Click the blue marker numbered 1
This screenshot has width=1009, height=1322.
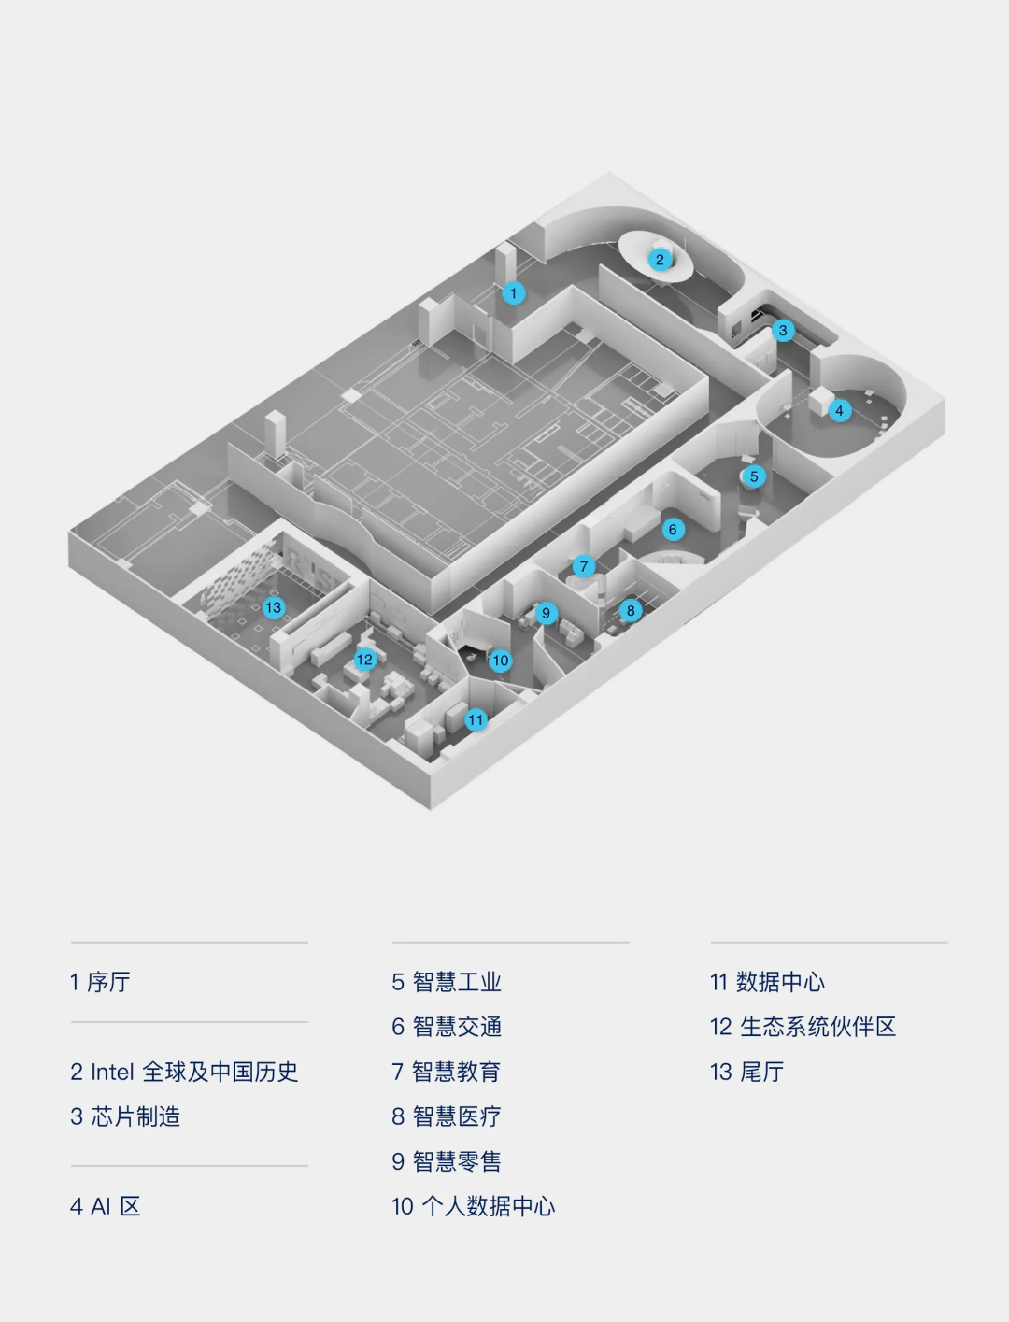(x=513, y=293)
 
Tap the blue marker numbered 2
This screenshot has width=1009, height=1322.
(x=660, y=260)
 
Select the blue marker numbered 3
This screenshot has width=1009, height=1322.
(x=783, y=330)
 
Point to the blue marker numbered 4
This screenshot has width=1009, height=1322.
(x=839, y=410)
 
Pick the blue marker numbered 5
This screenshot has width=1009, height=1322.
(x=754, y=476)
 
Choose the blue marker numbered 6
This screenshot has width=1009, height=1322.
(x=673, y=530)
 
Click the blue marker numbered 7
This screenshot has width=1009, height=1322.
(x=584, y=566)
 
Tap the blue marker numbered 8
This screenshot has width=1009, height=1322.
(x=631, y=611)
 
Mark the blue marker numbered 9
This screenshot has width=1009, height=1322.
(x=546, y=614)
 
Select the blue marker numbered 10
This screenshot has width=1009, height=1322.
(x=501, y=661)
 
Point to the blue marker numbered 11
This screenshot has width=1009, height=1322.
(x=476, y=719)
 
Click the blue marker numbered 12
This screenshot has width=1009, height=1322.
(x=364, y=660)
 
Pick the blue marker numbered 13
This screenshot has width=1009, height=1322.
(x=273, y=607)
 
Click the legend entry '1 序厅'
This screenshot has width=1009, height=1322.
(x=100, y=982)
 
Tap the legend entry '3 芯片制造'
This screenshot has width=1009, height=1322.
(x=125, y=1116)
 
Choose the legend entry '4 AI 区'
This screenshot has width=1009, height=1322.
(x=106, y=1206)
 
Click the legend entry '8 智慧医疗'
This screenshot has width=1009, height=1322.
(x=447, y=1116)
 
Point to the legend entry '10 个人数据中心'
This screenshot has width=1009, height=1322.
(x=473, y=1206)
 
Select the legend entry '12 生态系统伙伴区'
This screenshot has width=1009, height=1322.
(x=803, y=1027)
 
